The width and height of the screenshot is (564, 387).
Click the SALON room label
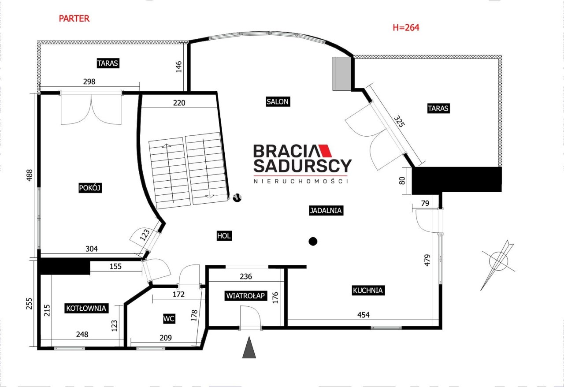point(278,101)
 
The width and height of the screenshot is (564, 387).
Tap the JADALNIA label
point(326,210)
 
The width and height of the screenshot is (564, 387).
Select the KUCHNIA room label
point(368,290)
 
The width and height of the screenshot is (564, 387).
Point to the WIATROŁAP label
point(245,296)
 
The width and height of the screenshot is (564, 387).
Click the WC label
point(169,319)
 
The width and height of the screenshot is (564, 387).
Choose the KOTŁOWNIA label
point(86,308)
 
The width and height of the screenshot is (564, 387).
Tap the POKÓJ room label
point(90,188)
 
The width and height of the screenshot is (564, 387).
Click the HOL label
point(224,236)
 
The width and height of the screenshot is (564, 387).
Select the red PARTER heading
point(74,19)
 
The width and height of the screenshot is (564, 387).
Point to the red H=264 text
point(406,27)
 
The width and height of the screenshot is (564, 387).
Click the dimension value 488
point(30,175)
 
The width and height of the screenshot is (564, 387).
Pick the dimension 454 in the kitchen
point(364,314)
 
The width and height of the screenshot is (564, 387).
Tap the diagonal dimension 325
point(399,121)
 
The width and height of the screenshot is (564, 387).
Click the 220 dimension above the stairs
point(179,103)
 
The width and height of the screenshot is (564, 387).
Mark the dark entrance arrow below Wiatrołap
point(249,347)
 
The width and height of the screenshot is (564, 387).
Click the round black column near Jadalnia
point(313,242)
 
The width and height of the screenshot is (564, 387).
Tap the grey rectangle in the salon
point(342,74)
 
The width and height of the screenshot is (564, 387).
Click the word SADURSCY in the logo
point(302,166)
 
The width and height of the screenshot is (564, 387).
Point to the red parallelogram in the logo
point(325,151)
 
